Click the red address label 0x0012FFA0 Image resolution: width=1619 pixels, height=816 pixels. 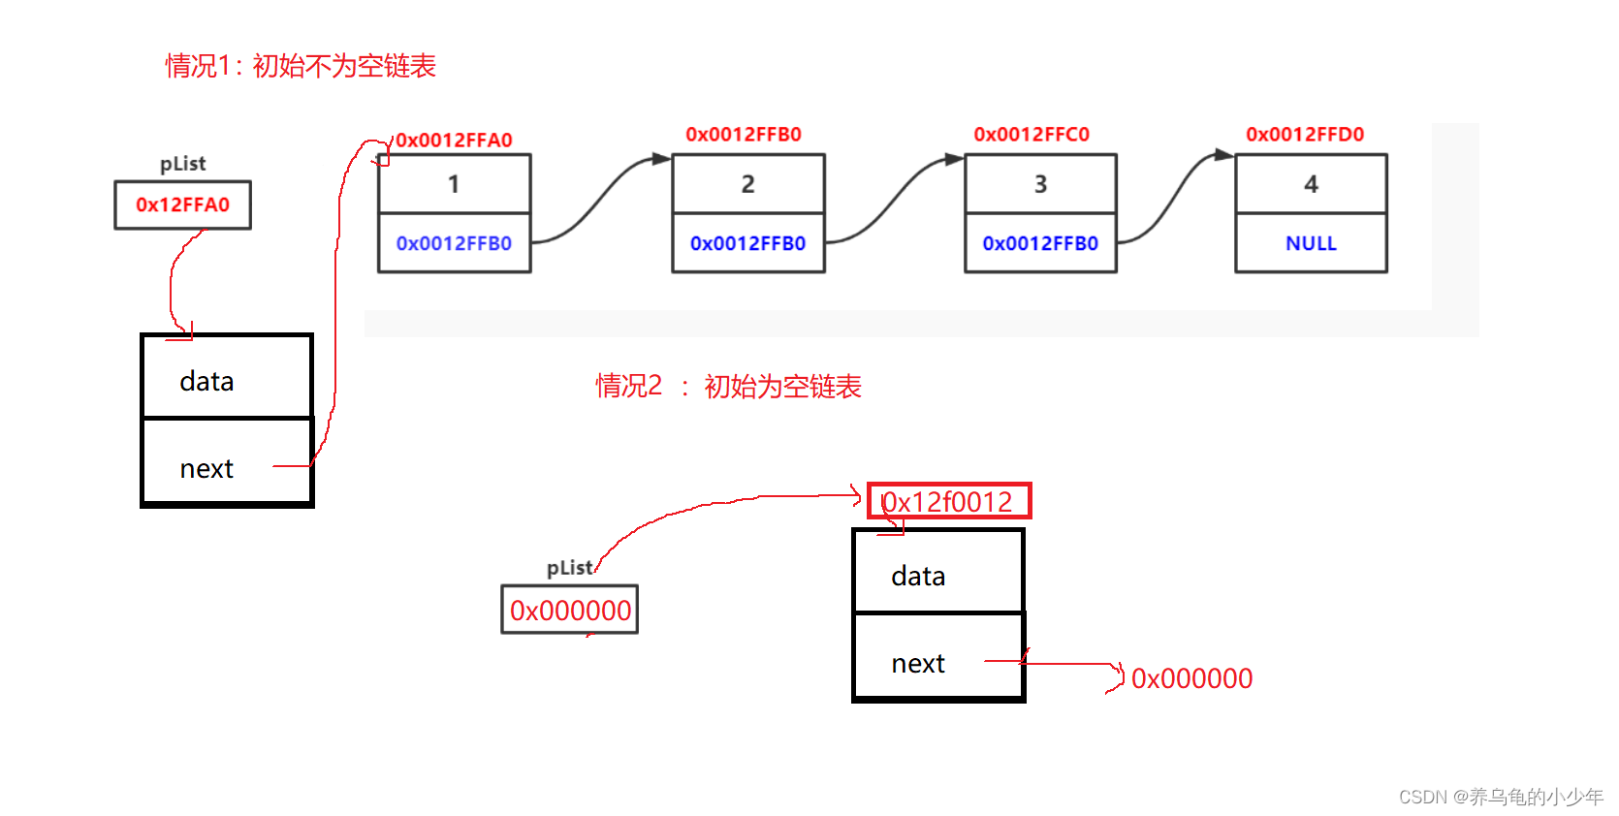pos(454,141)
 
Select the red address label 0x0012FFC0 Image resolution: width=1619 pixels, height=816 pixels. pos(1032,135)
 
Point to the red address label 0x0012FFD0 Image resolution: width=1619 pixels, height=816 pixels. pos(1305,135)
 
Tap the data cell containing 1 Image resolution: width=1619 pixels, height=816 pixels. pos(454,184)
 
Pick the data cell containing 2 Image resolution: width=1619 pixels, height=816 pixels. pos(747,184)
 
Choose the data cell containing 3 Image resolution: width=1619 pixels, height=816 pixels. pos(1040,184)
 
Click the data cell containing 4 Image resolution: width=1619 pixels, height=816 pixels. pos(1311,184)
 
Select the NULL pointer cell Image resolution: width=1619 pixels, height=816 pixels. pos(1311,243)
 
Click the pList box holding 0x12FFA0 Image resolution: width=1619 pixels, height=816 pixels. pos(182,204)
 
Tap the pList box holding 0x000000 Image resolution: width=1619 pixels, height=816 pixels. pos(570,611)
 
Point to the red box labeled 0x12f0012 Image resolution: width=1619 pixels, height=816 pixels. pos(948,501)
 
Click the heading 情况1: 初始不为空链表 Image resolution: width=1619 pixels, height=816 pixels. pos(301,66)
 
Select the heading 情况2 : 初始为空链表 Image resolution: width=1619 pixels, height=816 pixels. pos(728,387)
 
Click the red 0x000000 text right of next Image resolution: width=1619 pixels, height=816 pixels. pos(1191,678)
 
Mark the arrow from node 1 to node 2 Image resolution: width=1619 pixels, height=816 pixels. pos(601,199)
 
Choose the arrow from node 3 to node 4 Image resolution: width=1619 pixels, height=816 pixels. pos(1175,199)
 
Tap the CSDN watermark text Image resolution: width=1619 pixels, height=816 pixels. pos(1500,797)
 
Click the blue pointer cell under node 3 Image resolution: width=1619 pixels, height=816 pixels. pos(1040,243)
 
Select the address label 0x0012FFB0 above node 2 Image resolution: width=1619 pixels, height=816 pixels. pos(744,135)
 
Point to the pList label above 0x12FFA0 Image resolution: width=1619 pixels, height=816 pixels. pos(182,164)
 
